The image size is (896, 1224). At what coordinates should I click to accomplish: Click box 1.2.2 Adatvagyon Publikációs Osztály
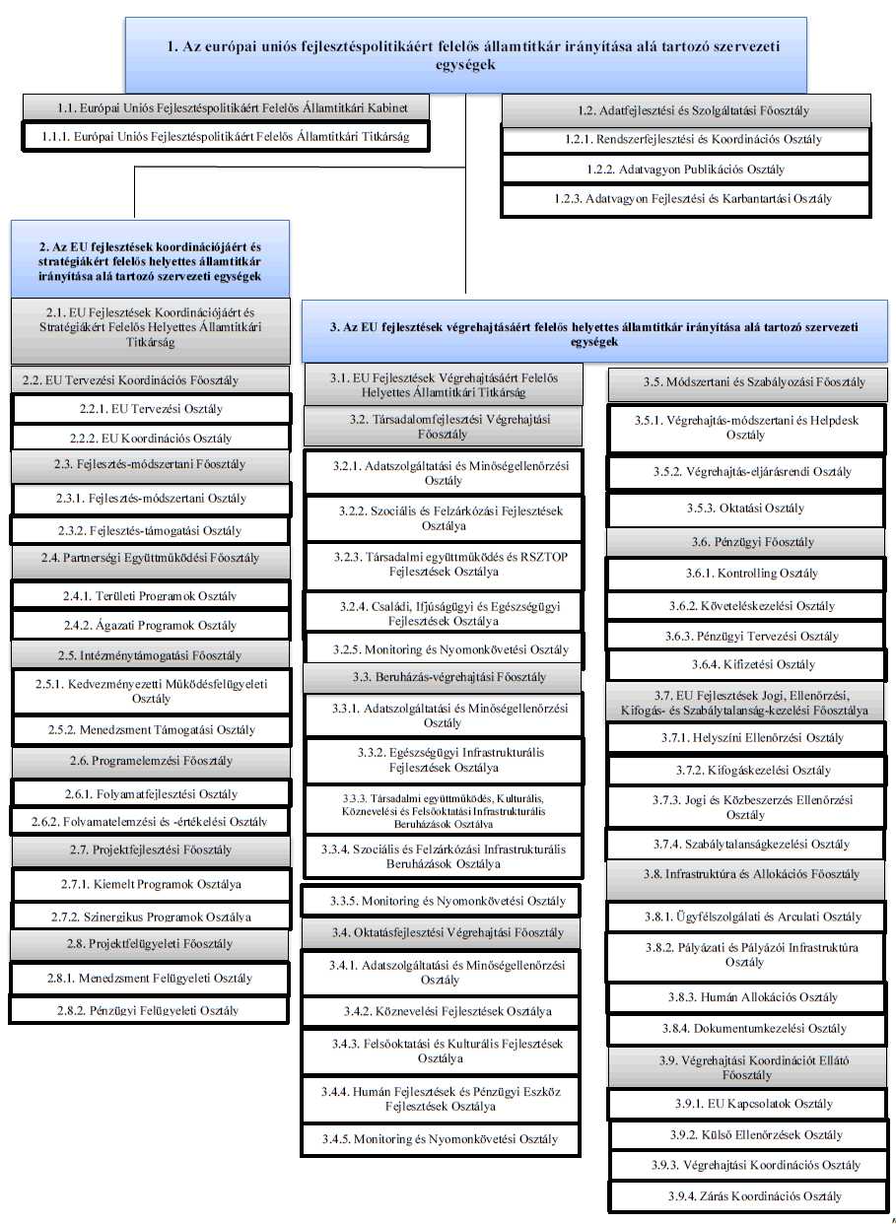(x=686, y=170)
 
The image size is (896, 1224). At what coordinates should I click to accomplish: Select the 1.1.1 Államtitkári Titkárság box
(x=227, y=136)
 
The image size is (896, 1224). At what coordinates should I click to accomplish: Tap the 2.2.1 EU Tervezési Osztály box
(x=152, y=409)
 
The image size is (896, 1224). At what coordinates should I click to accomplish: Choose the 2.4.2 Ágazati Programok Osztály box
(x=152, y=625)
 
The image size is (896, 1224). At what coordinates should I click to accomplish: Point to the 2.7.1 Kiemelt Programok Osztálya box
(x=152, y=884)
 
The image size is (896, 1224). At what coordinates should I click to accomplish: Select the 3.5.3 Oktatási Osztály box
(x=745, y=509)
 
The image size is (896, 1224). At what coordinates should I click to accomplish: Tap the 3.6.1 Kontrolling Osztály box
(x=745, y=574)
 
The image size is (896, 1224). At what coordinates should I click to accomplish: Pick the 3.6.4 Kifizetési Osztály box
(x=745, y=665)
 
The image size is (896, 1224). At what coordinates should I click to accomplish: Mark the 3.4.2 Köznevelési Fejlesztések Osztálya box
(x=441, y=1012)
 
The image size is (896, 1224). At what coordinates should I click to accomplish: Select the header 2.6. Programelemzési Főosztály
(x=152, y=761)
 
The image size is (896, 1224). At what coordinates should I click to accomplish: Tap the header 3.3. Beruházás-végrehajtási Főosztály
(x=441, y=677)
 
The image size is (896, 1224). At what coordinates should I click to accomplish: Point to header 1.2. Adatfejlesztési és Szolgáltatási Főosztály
(x=686, y=110)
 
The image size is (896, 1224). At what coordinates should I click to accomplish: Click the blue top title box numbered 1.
(x=465, y=55)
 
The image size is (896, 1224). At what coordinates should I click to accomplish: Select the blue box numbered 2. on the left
(x=150, y=260)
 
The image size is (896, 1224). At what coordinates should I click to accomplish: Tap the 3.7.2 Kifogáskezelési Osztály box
(x=745, y=771)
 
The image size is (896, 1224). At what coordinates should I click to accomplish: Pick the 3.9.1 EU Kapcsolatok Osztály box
(x=746, y=1104)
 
